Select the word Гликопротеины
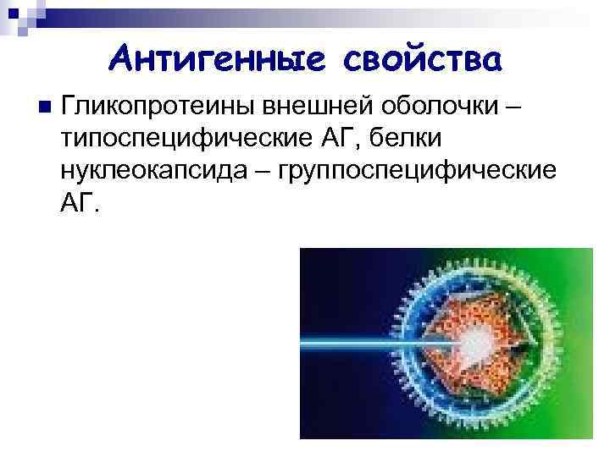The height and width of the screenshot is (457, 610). [159, 107]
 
